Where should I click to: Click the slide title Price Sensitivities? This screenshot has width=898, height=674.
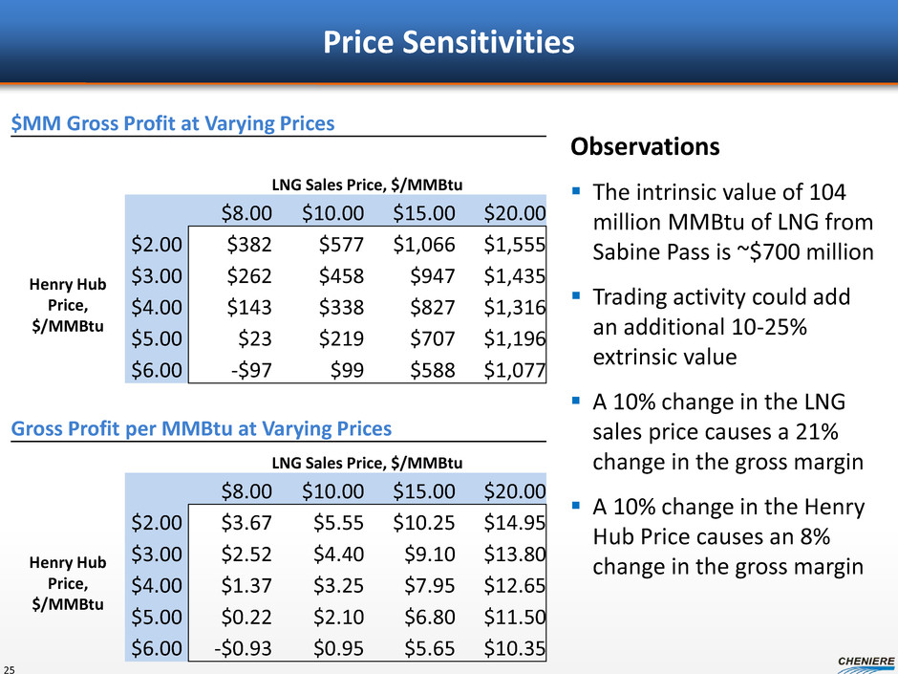click(x=448, y=43)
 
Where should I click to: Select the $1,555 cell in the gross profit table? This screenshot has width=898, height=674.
click(x=514, y=244)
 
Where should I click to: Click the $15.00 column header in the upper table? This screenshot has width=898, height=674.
click(x=423, y=212)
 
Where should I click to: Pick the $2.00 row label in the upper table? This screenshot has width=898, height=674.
click(x=157, y=244)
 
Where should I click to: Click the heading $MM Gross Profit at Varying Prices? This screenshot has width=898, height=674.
click(x=173, y=123)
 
